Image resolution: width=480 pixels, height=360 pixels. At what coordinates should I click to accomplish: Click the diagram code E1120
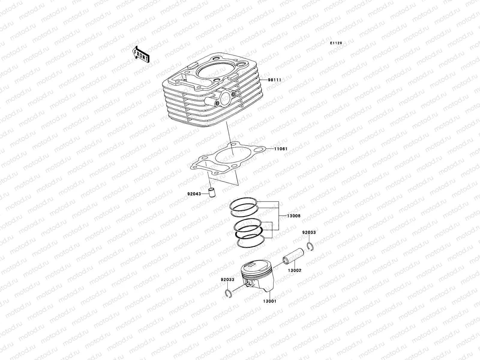pyautogui.click(x=336, y=43)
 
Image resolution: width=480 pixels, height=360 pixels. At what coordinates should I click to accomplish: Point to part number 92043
pyautogui.click(x=195, y=194)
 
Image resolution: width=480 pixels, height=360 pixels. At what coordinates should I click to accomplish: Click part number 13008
pyautogui.click(x=293, y=216)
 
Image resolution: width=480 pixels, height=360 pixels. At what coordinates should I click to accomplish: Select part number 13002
pyautogui.click(x=295, y=270)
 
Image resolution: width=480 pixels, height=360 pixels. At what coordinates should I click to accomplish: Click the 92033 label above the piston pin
pyautogui.click(x=309, y=232)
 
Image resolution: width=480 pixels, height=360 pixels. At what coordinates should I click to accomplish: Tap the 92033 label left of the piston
pyautogui.click(x=227, y=279)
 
